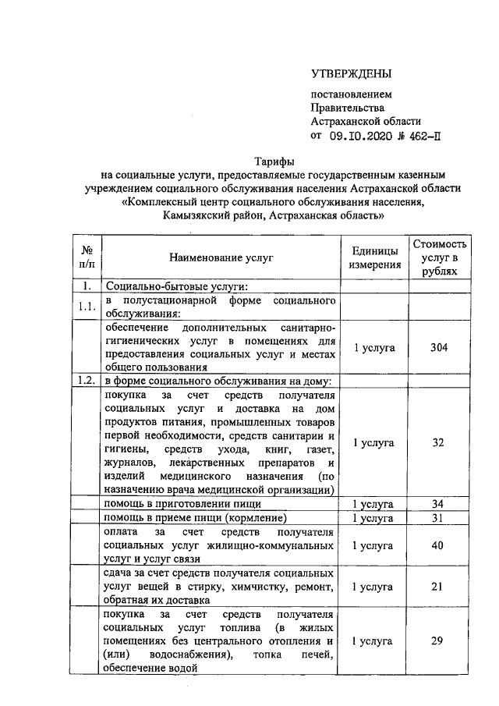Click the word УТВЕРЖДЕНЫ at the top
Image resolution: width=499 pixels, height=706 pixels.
[350, 74]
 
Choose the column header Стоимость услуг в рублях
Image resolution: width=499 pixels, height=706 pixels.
[440, 257]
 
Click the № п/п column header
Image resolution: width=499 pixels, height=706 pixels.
[87, 257]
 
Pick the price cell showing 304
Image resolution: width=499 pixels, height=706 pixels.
[440, 347]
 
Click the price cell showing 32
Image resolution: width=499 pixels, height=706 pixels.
[440, 442]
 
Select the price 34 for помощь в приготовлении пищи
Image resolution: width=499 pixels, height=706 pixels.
[440, 503]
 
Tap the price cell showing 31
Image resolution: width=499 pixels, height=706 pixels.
[440, 518]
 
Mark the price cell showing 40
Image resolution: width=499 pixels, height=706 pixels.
[440, 545]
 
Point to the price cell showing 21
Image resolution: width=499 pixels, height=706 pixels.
[440, 587]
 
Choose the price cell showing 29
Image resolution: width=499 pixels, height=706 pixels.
[440, 641]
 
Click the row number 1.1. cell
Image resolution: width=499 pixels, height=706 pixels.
[87, 307]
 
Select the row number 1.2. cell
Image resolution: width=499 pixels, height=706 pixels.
[87, 381]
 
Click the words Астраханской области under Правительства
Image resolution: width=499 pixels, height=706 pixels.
[366, 121]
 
